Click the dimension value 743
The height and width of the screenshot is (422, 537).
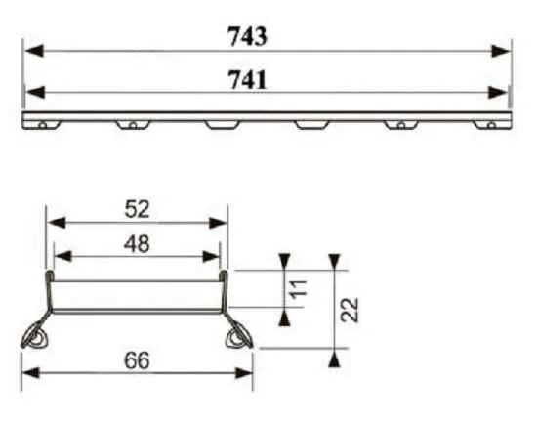(247, 36)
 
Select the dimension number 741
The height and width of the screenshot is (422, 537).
(247, 80)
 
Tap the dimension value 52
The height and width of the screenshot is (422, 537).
(138, 209)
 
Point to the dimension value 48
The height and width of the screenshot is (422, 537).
(138, 243)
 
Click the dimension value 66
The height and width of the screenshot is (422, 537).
(138, 360)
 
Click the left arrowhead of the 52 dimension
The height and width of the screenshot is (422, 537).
(55, 222)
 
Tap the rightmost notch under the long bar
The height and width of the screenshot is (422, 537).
(486, 124)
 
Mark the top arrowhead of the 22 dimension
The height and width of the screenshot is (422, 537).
(334, 261)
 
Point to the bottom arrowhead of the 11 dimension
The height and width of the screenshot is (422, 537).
(283, 316)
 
